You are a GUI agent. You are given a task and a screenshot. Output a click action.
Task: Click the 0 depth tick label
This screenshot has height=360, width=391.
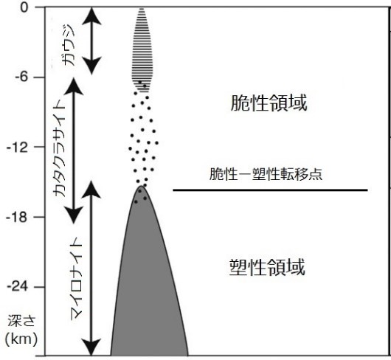pyautogui.click(x=25, y=7)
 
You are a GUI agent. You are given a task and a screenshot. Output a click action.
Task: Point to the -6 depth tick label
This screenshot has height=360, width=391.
pyautogui.click(x=21, y=77)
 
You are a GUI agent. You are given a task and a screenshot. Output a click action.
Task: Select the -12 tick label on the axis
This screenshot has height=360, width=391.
pyautogui.click(x=17, y=148)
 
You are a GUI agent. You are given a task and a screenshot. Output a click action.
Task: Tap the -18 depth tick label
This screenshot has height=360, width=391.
pyautogui.click(x=17, y=218)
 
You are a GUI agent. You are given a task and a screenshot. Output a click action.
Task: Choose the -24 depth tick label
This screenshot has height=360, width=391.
pyautogui.click(x=17, y=287)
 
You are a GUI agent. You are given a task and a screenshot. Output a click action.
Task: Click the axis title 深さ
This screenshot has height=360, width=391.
pyautogui.click(x=21, y=321)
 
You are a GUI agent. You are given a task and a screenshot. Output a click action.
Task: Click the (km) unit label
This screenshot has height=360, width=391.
pyautogui.click(x=21, y=339)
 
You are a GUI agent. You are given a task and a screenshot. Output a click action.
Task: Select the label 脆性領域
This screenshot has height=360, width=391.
pyautogui.click(x=269, y=103)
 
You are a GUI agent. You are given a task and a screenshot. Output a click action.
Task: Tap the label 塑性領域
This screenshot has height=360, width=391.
pyautogui.click(x=267, y=267)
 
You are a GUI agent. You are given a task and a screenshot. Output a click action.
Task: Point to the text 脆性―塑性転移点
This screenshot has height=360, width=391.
pyautogui.click(x=266, y=174)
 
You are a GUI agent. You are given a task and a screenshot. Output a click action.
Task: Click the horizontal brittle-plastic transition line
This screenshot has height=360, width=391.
pyautogui.click(x=271, y=190)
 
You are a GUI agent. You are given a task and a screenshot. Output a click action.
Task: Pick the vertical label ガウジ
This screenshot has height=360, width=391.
pyautogui.click(x=69, y=45)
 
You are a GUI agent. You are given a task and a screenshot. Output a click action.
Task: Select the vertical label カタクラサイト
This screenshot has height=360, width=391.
pyautogui.click(x=59, y=148)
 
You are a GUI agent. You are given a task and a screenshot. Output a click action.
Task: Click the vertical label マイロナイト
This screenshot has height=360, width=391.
pyautogui.click(x=76, y=278)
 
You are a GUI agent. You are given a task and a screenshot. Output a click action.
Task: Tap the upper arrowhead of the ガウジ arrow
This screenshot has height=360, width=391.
pyautogui.click(x=91, y=16)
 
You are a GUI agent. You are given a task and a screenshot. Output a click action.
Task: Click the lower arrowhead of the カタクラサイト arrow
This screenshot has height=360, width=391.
pyautogui.click(x=74, y=215)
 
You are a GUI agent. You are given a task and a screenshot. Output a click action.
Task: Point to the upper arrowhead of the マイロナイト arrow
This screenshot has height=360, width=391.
pyautogui.click(x=91, y=190)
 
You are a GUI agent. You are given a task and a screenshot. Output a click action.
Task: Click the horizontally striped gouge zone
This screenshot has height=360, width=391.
pyautogui.click(x=142, y=50)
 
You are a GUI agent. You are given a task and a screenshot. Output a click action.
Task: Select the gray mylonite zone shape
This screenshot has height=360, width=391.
pyautogui.click(x=149, y=287)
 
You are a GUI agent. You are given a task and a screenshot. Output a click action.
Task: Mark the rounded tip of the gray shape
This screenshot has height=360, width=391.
pyautogui.click(x=142, y=186)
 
